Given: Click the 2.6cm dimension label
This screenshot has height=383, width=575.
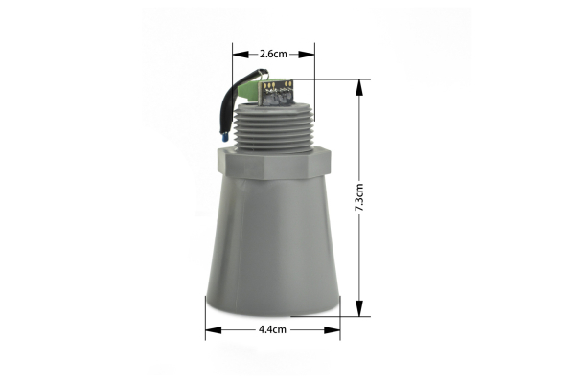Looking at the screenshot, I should coord(273,55).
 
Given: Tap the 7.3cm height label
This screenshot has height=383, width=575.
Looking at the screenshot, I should coord(359,198).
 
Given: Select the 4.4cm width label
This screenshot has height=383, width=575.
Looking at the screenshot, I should coord(273,329).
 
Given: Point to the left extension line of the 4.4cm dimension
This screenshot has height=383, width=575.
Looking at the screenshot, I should coord(205,316).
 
